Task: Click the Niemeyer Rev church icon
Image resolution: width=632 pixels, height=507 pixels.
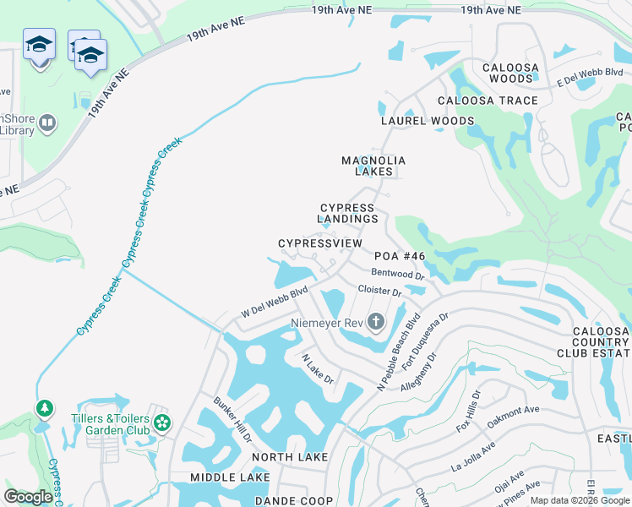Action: tap(376, 322)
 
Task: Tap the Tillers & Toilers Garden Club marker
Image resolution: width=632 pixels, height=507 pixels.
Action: tap(162, 421)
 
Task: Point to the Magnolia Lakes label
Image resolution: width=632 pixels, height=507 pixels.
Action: tap(373, 166)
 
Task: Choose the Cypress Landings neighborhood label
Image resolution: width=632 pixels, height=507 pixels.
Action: tap(348, 213)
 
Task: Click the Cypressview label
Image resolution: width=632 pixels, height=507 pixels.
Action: tap(320, 243)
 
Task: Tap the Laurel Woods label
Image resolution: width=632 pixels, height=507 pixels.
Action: tap(428, 121)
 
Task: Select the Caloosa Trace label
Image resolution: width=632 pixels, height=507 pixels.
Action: tap(488, 101)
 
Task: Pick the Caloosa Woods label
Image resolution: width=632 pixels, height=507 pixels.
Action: tap(508, 73)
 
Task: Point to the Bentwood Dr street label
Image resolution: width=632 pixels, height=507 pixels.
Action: tap(397, 274)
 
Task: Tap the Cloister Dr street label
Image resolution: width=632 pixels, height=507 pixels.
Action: tap(379, 290)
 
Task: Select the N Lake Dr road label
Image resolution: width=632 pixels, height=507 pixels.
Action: tap(319, 369)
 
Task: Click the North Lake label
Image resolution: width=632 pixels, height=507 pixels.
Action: tap(290, 457)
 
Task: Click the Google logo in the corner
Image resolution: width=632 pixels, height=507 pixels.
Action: tap(28, 497)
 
